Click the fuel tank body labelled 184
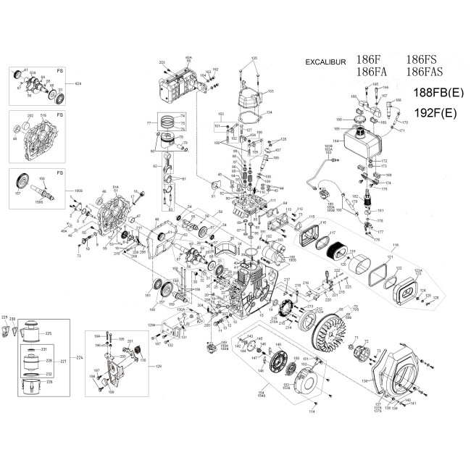pyautogui.click(x=362, y=141)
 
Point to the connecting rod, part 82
pyautogui.click(x=170, y=172)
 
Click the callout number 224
pyautogui.click(x=80, y=358)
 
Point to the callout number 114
pyautogui.click(x=312, y=412)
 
